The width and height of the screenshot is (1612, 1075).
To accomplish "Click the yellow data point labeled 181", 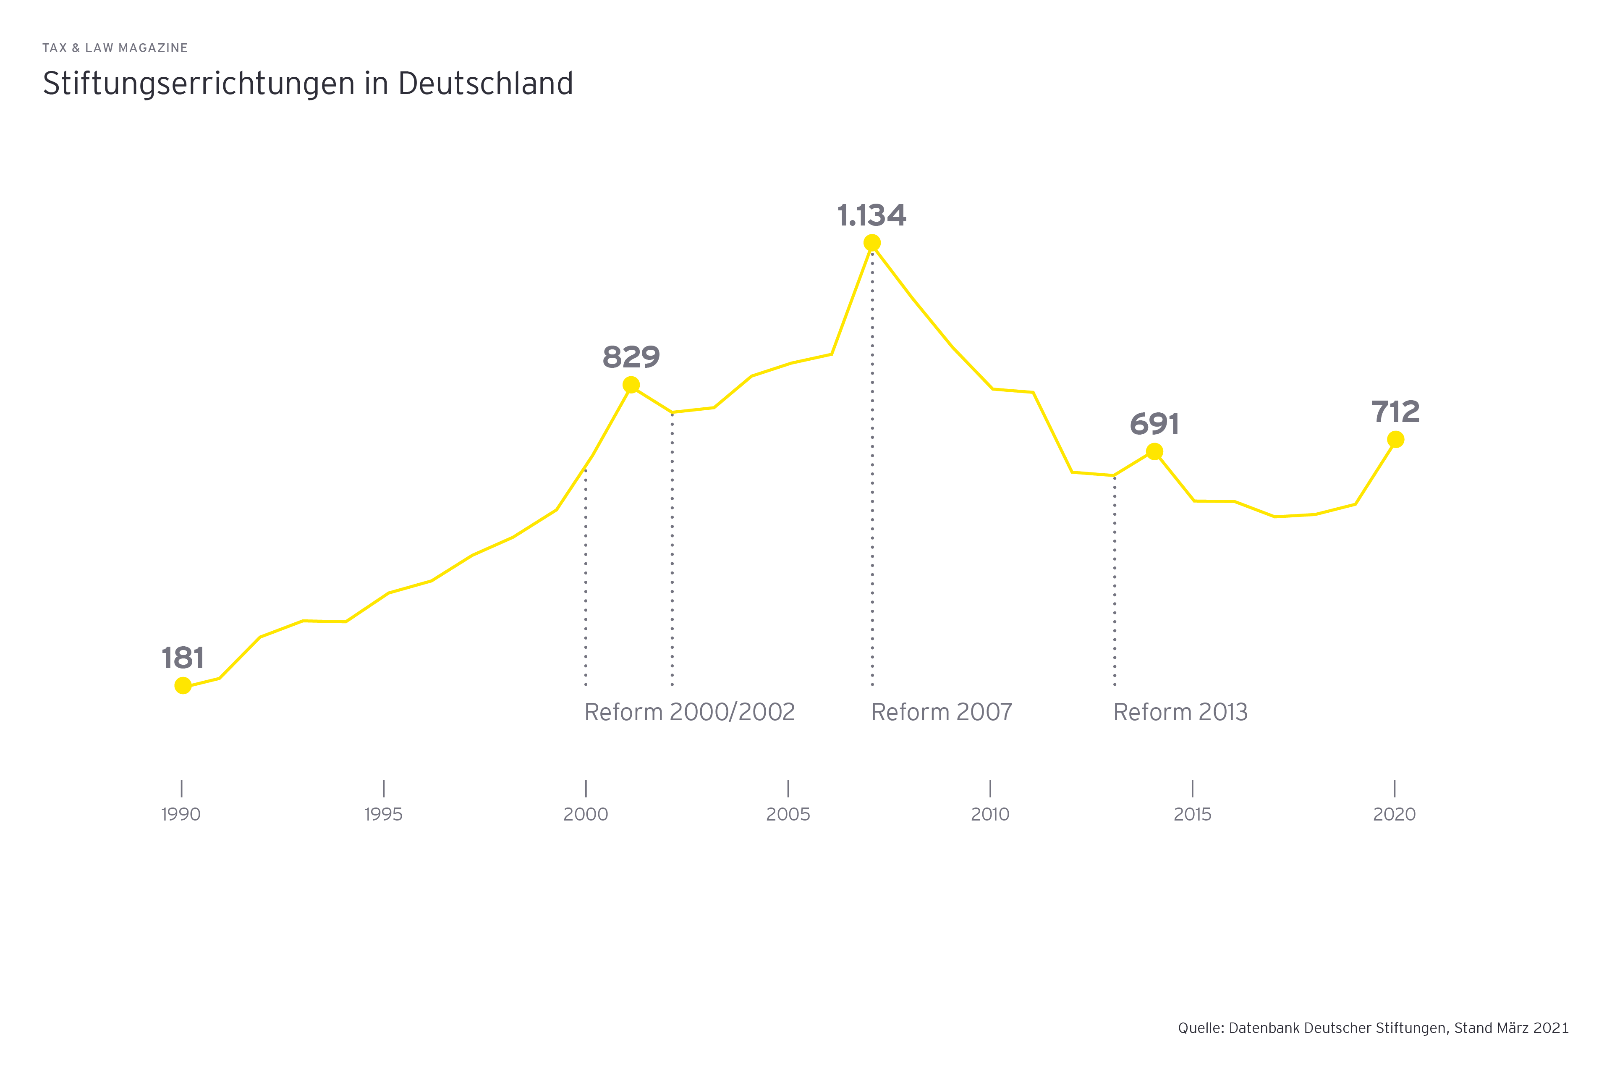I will pyautogui.click(x=183, y=686).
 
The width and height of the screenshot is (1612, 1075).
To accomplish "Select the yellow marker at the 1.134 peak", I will pyautogui.click(x=872, y=243).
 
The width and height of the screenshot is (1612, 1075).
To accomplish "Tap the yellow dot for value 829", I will pyautogui.click(x=631, y=385).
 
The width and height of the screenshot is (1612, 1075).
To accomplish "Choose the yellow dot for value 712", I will pyautogui.click(x=1395, y=440).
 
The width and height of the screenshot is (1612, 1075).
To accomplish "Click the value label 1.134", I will pyautogui.click(x=872, y=215).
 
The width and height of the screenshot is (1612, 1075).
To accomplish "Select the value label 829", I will pyautogui.click(x=631, y=357).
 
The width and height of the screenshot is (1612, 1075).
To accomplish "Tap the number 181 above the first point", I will pyautogui.click(x=183, y=658).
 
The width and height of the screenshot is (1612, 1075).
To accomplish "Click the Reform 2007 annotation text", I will pyautogui.click(x=942, y=712).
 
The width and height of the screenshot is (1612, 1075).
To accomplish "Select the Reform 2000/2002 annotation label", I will pyautogui.click(x=689, y=712).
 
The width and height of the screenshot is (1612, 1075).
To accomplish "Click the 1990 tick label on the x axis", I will pyautogui.click(x=181, y=815).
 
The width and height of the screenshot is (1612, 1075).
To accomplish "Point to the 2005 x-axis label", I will pyautogui.click(x=788, y=815).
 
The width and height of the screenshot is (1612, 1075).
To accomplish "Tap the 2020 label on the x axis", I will pyautogui.click(x=1394, y=815).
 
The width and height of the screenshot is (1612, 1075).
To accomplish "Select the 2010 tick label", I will pyautogui.click(x=990, y=815).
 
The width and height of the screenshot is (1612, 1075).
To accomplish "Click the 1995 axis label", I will pyautogui.click(x=383, y=815).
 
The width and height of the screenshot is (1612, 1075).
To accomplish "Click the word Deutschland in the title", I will pyautogui.click(x=485, y=84).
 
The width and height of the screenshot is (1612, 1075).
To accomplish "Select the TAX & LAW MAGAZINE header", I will pyautogui.click(x=115, y=48).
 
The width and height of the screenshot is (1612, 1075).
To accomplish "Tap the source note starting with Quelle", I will pyautogui.click(x=1373, y=1028).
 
